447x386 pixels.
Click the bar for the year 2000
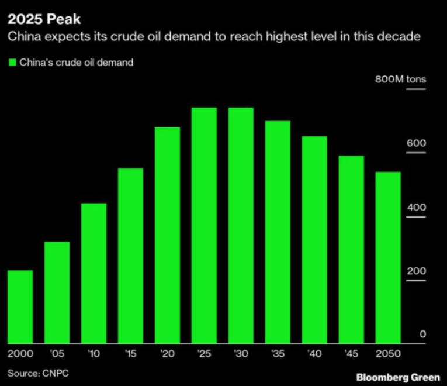coord(20,307)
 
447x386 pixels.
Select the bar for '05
coord(57,292)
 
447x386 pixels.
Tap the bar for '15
coord(130,256)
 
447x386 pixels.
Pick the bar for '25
coord(204,225)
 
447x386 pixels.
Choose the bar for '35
coord(278,232)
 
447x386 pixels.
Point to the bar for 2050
coord(388,257)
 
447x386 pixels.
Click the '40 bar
coord(314,240)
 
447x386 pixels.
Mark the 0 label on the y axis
coord(422,335)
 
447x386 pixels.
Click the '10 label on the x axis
coord(93,354)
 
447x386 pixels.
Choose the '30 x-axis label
coord(241,354)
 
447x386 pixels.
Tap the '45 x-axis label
coord(351,354)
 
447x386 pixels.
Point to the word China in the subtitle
coord(23,37)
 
